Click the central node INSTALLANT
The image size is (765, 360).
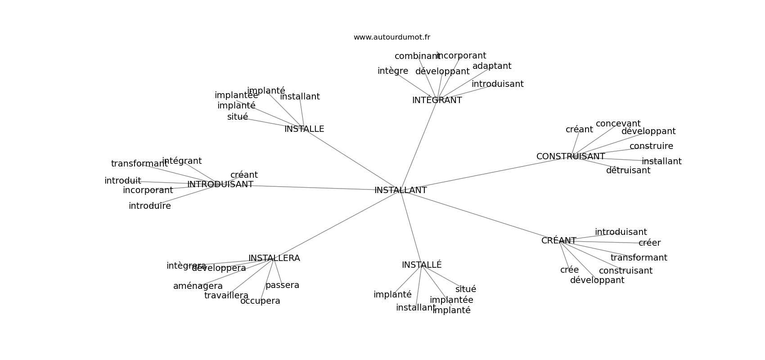[x=400, y=190]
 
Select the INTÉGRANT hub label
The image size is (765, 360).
[x=437, y=100]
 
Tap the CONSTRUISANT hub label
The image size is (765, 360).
[x=570, y=157]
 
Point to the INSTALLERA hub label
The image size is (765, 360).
[x=274, y=258]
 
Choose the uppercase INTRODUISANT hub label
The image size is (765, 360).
[x=220, y=184]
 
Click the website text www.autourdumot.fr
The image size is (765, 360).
[x=391, y=37]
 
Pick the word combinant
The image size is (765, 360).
[x=417, y=56]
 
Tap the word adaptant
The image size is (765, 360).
[x=491, y=66]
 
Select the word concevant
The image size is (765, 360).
[x=618, y=124]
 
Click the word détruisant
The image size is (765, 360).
[x=628, y=171]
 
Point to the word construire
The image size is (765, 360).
[x=651, y=146]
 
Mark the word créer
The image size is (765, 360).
[x=649, y=243]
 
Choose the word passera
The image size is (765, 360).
[x=282, y=285]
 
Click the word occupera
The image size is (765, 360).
[x=260, y=301]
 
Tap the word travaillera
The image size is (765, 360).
[x=226, y=296]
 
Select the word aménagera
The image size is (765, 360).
[x=198, y=286]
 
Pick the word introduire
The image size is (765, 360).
[x=149, y=206]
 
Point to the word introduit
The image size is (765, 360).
[x=122, y=181]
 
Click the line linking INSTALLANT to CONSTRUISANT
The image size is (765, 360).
[x=486, y=173]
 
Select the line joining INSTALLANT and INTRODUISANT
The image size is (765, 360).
[x=315, y=188]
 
